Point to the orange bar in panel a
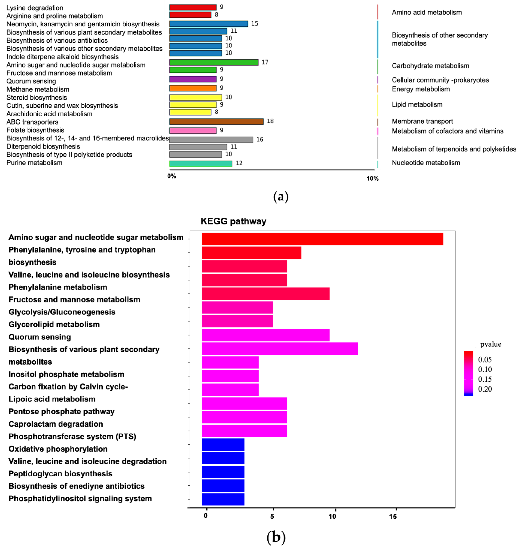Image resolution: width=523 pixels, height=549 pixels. pyautogui.click(x=193, y=88)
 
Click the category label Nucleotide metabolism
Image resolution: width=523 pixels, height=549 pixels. pyautogui.click(x=426, y=163)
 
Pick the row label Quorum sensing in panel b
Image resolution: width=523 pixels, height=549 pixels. pyautogui.click(x=40, y=337)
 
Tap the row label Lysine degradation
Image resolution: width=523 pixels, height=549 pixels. pyautogui.click(x=35, y=8)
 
